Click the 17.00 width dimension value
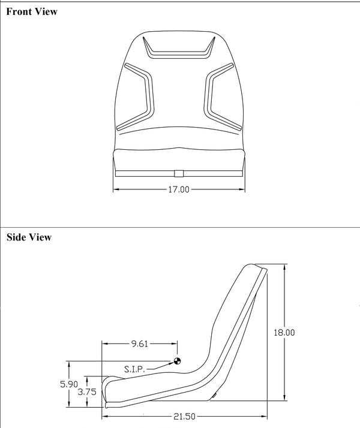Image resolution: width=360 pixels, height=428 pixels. pyautogui.click(x=179, y=189)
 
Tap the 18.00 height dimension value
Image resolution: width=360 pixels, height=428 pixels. pyautogui.click(x=284, y=333)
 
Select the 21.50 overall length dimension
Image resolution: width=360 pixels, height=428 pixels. pyautogui.click(x=184, y=417)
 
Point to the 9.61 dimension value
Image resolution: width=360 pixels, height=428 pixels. pyautogui.click(x=140, y=343)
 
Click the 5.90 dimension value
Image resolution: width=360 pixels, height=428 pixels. pyautogui.click(x=69, y=384)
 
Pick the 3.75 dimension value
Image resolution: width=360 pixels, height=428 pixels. pyautogui.click(x=87, y=392)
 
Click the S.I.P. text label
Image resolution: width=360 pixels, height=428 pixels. pyautogui.click(x=134, y=369)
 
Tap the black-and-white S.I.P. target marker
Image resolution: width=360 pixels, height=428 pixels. pyautogui.click(x=177, y=361)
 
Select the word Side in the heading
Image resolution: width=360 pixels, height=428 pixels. pyautogui.click(x=16, y=237)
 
